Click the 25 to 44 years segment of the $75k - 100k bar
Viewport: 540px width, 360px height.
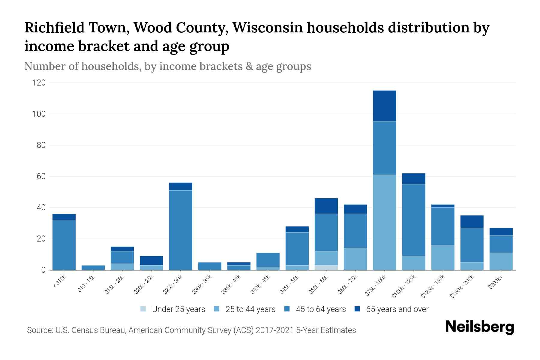(x=384, y=222)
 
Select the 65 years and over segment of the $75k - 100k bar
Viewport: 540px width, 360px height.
(x=384, y=106)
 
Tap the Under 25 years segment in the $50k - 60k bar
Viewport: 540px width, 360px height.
(x=326, y=268)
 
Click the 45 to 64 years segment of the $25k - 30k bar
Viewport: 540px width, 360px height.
(x=181, y=230)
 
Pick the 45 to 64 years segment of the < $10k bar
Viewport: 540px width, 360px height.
(x=64, y=245)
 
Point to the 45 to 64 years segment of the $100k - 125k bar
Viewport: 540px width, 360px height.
(x=413, y=220)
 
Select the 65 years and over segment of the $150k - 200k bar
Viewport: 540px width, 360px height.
(x=472, y=221)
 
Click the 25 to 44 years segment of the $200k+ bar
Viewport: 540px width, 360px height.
(x=501, y=261)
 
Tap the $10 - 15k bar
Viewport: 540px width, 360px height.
(x=93, y=268)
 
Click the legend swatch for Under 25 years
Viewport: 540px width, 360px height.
(x=143, y=309)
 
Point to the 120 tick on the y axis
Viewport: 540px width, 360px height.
(x=39, y=83)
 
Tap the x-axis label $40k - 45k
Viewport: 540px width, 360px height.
(x=260, y=285)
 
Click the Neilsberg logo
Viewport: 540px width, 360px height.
(x=479, y=327)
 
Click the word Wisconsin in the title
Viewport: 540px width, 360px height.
(x=271, y=28)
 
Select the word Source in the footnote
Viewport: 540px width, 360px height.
(x=39, y=330)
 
